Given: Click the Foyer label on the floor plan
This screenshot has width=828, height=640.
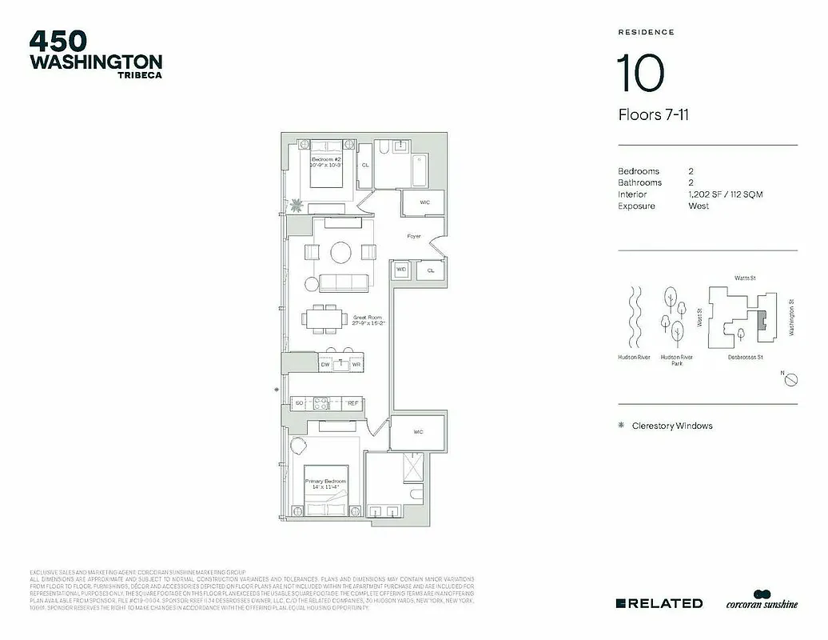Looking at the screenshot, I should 414,236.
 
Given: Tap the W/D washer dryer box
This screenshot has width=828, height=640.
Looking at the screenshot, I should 401,270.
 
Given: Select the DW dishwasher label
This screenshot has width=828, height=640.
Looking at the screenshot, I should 325,364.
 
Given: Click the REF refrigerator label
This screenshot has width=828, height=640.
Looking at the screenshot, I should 352,404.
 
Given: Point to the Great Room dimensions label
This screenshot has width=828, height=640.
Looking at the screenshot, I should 369,320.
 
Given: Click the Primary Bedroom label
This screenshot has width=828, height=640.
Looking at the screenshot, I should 325,483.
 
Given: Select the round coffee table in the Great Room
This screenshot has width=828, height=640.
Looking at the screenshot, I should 341,253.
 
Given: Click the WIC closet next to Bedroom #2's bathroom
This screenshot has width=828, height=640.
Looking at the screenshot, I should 424,202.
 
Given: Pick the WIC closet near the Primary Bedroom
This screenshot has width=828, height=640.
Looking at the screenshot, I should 417,432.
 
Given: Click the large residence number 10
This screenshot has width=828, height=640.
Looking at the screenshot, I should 639,74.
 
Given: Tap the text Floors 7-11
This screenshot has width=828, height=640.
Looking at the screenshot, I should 653,115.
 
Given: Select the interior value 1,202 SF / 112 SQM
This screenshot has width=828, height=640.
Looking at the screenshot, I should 725,194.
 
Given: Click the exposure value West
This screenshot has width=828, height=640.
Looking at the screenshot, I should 699,206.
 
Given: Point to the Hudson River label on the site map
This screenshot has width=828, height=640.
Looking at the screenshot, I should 633,358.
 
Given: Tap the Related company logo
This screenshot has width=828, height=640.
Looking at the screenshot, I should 659,603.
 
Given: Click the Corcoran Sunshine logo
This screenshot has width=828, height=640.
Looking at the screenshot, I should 761,600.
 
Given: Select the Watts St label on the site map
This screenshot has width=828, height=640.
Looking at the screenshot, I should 745,278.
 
